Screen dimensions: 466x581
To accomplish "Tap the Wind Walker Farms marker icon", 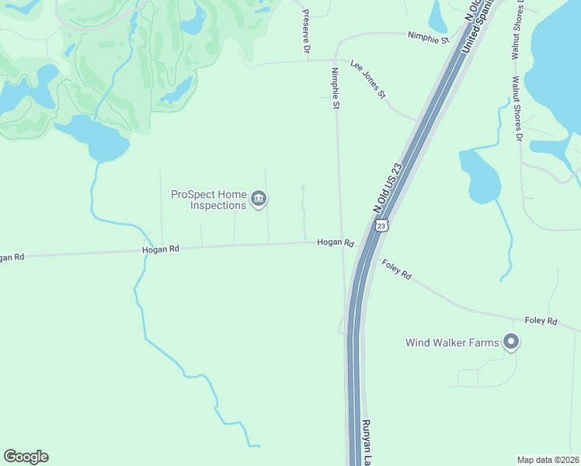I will point(510,342).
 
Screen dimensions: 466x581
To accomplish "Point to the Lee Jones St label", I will point(368,79).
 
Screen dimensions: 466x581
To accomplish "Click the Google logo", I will point(26,457).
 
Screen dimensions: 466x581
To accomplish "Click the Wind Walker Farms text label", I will point(454,342).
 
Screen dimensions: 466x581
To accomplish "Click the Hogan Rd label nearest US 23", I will point(335,243).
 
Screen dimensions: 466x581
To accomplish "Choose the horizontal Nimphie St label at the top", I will point(429,37).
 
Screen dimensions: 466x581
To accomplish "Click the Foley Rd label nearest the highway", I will point(396,270).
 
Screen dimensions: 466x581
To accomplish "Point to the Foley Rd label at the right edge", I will point(541,320).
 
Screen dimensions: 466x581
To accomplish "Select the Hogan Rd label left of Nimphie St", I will point(161,249).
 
